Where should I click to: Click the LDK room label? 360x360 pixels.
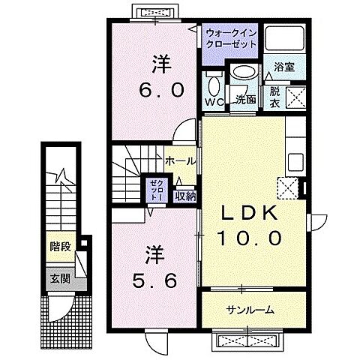(x=251, y=214)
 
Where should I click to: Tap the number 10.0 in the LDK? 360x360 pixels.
(x=251, y=238)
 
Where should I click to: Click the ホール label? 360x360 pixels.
(x=180, y=160)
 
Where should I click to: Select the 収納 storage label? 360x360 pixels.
(x=185, y=196)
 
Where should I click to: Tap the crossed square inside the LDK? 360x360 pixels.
(x=289, y=187)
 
